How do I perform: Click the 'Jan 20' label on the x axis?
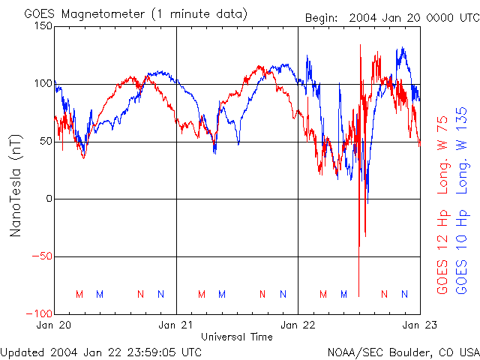coord(54,325)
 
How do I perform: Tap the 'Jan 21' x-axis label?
coord(176,325)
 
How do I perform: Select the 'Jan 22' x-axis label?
coord(298,325)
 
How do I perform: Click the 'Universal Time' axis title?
coord(237,337)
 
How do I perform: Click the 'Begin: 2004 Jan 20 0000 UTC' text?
coord(390,17)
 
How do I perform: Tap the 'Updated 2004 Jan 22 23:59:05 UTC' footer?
coord(101,351)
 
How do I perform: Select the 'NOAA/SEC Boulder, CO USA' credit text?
coord(403,351)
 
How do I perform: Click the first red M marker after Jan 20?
coord(79,294)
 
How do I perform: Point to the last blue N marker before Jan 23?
coord(404,294)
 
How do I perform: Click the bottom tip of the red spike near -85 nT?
coord(359,296)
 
